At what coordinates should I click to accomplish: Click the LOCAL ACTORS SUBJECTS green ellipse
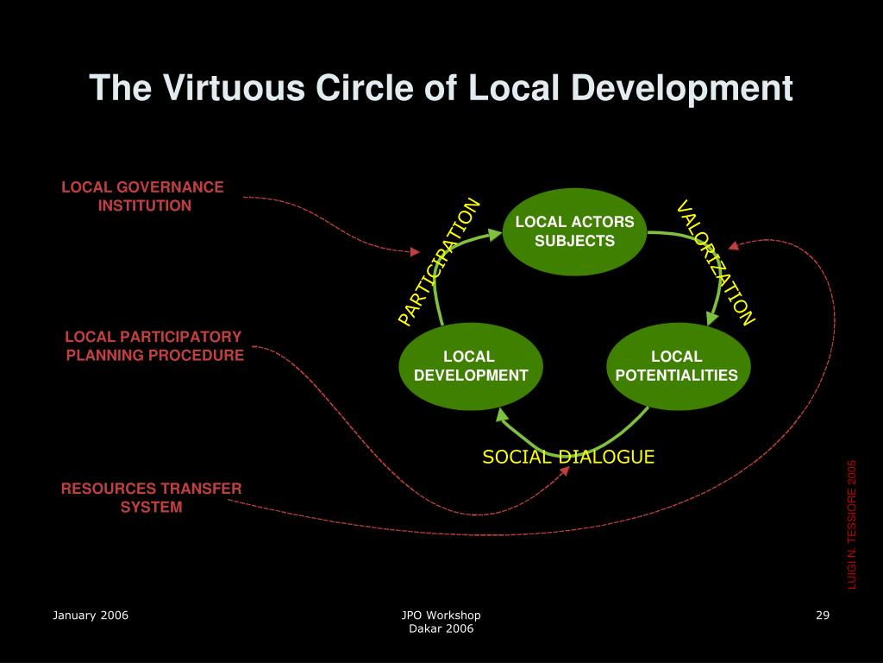574,230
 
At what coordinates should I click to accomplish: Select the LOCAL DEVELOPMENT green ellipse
471,366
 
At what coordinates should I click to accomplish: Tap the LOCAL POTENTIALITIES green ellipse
677,366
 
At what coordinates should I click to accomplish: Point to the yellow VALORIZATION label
715,262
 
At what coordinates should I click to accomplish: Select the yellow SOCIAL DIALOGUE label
568,457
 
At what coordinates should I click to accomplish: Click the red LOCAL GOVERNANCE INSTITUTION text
143,196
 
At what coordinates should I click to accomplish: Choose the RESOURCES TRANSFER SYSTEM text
151,497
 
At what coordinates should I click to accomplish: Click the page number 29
822,615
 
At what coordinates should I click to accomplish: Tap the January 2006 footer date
91,615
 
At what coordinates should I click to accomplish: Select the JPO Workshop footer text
441,615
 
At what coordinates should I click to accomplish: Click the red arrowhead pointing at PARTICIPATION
413,252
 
